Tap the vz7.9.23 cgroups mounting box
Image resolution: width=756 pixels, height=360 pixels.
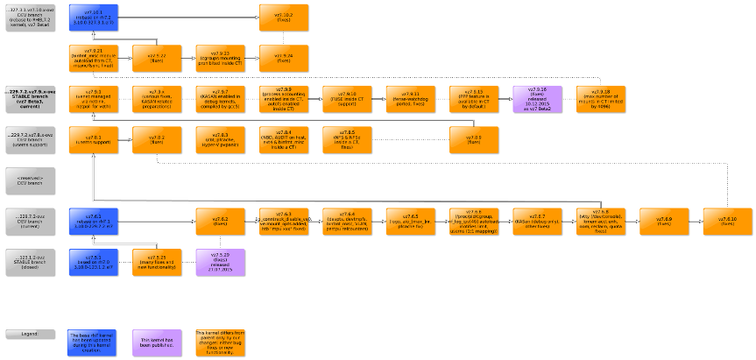[x=220, y=57]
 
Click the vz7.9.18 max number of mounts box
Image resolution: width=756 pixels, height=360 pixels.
[x=600, y=100]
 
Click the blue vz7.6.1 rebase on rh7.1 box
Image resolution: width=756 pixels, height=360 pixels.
[x=93, y=222]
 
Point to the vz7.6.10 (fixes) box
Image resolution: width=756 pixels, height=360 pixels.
[x=727, y=222]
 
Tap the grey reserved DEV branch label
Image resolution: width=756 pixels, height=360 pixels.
[x=30, y=180]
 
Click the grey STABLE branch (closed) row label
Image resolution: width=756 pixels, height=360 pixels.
[x=30, y=260]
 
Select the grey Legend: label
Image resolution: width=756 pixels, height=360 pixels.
[x=30, y=334]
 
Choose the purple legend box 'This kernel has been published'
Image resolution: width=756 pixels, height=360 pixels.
[x=156, y=341]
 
